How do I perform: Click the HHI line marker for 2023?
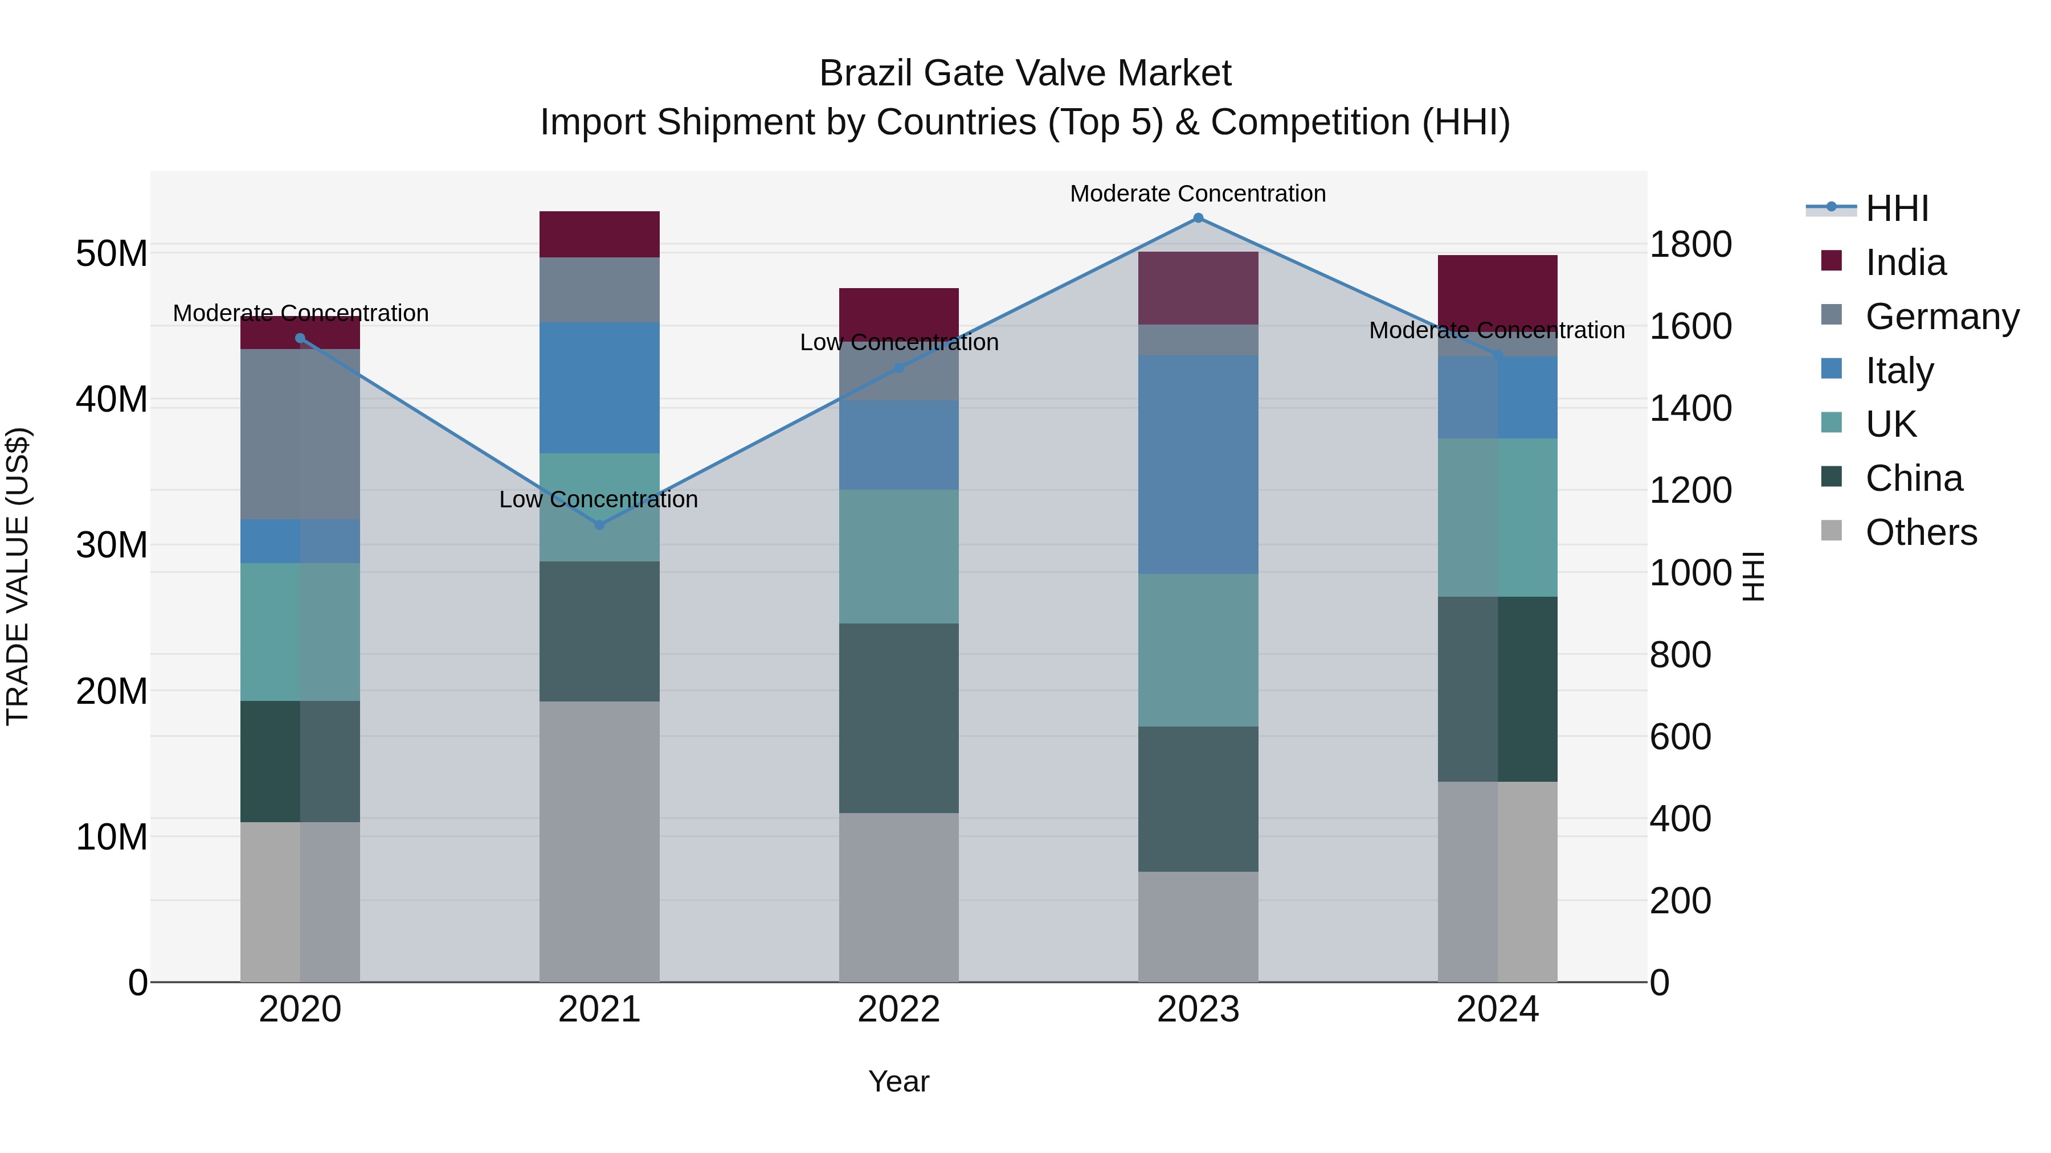click(x=1198, y=218)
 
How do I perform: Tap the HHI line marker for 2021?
click(x=599, y=524)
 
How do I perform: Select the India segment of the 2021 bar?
click(x=599, y=234)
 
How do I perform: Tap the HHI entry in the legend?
click(x=1897, y=208)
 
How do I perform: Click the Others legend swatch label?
click(x=1921, y=532)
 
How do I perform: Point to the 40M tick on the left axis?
click(x=112, y=400)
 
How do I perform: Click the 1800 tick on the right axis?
click(x=1690, y=244)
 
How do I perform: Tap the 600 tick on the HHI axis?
click(x=1680, y=737)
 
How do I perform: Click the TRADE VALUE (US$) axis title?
click(x=18, y=576)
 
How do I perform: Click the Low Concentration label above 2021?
click(x=598, y=500)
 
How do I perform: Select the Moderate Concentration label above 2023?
click(x=1198, y=194)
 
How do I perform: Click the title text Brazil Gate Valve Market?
click(x=1025, y=73)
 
